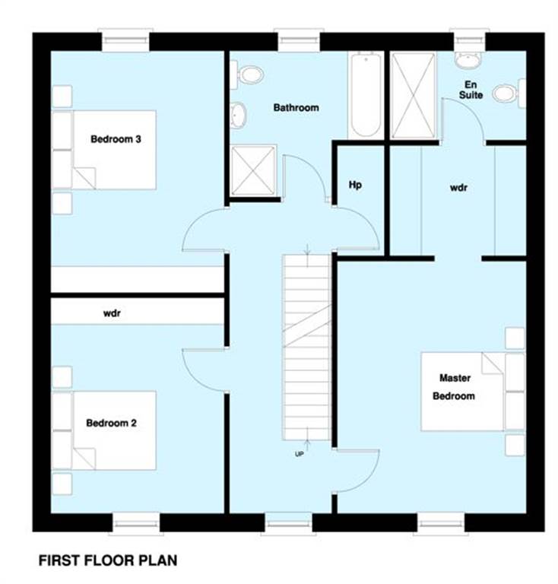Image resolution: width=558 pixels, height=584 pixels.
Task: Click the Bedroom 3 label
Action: click(x=116, y=139)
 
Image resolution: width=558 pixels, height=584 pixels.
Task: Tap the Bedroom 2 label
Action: click(x=111, y=423)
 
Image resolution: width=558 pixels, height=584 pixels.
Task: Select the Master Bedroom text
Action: click(x=454, y=386)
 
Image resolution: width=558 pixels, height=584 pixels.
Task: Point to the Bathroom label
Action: click(x=296, y=108)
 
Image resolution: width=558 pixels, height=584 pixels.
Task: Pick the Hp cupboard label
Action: click(x=354, y=185)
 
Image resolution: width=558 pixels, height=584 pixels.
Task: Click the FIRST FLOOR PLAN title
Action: click(x=108, y=561)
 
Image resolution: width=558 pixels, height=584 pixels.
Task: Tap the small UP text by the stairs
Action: click(x=300, y=454)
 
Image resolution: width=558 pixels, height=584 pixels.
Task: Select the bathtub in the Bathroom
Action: click(x=364, y=94)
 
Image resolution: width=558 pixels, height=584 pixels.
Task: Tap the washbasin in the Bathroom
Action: click(x=239, y=114)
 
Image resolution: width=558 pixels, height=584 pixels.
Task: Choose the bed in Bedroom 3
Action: click(x=104, y=150)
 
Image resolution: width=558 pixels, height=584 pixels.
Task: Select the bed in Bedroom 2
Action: click(x=104, y=430)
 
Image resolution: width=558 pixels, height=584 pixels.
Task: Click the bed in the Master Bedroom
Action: click(x=464, y=391)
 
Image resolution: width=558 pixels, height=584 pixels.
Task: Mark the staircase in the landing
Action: click(x=306, y=347)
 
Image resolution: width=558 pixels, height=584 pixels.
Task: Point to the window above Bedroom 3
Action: click(x=125, y=40)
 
